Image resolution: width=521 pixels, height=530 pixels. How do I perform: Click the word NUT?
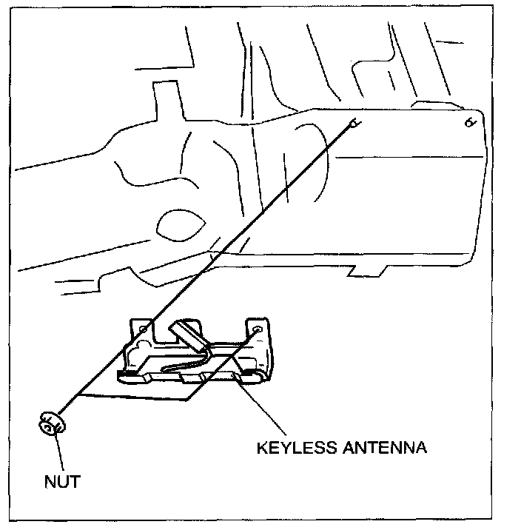click(x=61, y=482)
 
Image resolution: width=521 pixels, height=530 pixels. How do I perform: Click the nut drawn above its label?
click(x=50, y=426)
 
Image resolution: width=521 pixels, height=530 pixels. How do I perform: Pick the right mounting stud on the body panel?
click(x=469, y=122)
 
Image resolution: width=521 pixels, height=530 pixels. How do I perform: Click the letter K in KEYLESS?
click(x=261, y=448)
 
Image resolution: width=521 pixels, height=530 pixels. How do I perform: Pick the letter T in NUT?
click(x=74, y=482)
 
